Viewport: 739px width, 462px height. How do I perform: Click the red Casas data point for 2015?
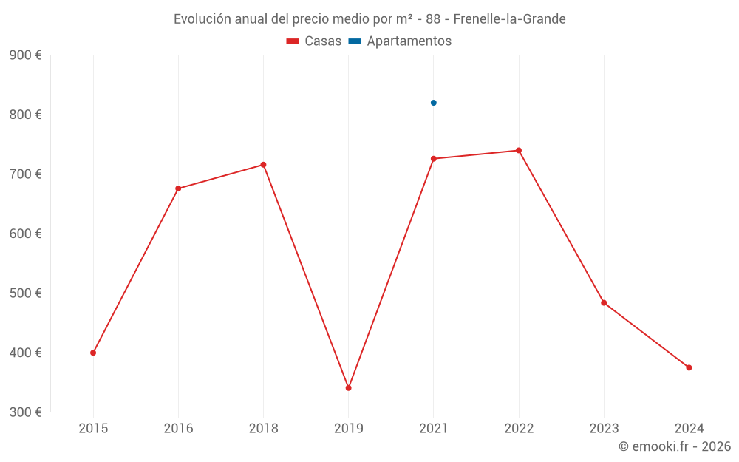click(x=93, y=353)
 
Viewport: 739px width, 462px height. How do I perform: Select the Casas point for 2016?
click(x=178, y=188)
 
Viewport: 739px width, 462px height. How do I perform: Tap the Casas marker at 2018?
click(x=263, y=165)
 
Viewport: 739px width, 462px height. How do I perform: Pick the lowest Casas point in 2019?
click(x=349, y=388)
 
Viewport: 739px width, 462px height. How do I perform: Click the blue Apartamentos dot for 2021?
click(x=434, y=103)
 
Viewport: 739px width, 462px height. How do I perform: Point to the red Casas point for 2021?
click(x=434, y=159)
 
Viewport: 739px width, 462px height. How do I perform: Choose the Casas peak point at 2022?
click(x=519, y=151)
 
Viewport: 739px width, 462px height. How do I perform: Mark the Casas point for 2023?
click(x=604, y=303)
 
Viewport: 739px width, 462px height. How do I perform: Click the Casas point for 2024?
click(x=689, y=367)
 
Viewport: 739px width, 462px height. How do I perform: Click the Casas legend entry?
click(x=314, y=41)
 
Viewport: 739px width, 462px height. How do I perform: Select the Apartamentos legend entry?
click(x=400, y=41)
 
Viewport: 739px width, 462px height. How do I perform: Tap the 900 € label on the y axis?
click(x=26, y=55)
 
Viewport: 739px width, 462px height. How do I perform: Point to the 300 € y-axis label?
click(x=26, y=412)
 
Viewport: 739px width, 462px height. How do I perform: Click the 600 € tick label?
click(x=26, y=234)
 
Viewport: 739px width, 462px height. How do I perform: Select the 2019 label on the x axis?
click(x=349, y=428)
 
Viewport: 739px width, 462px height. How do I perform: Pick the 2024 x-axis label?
click(x=689, y=428)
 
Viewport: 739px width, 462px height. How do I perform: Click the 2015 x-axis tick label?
click(x=93, y=428)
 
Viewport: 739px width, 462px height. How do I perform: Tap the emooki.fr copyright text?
click(x=675, y=446)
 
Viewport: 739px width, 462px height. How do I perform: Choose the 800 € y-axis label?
click(x=26, y=115)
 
